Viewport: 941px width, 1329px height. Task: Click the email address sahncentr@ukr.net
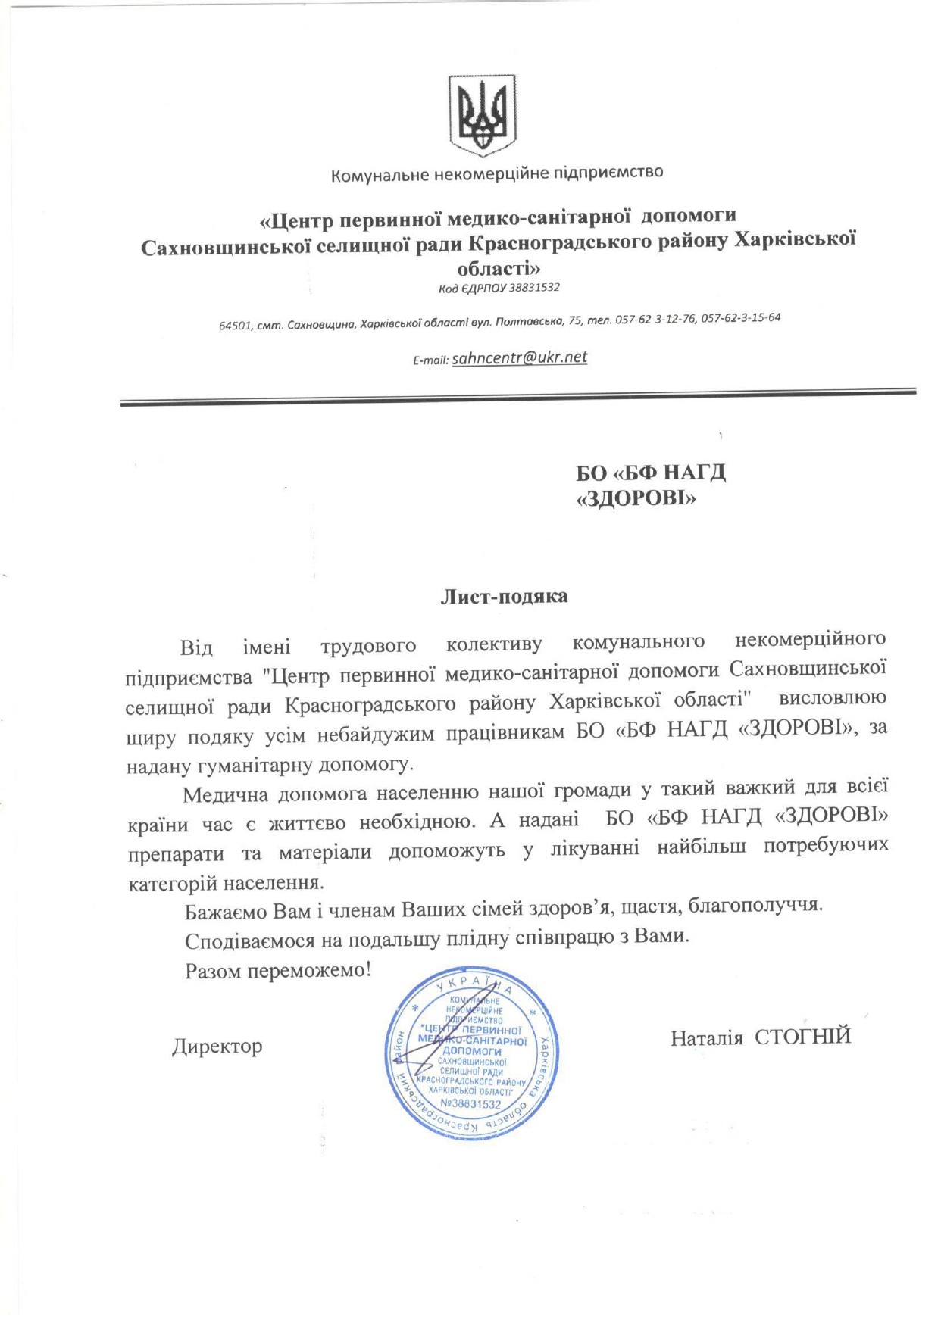coord(519,357)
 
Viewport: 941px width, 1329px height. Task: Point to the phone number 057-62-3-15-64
coord(740,318)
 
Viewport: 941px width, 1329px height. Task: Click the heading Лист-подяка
coord(504,597)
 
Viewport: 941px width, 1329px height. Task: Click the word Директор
coord(217,1047)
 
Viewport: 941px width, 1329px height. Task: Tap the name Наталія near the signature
coord(706,1037)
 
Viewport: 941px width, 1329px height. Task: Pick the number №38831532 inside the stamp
coord(470,1104)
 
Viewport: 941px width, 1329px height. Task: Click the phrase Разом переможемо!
coord(278,970)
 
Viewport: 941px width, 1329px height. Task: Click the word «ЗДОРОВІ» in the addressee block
coord(636,499)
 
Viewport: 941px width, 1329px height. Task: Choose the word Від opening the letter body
coord(196,648)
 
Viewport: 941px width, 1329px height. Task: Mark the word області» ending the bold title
coord(499,268)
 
